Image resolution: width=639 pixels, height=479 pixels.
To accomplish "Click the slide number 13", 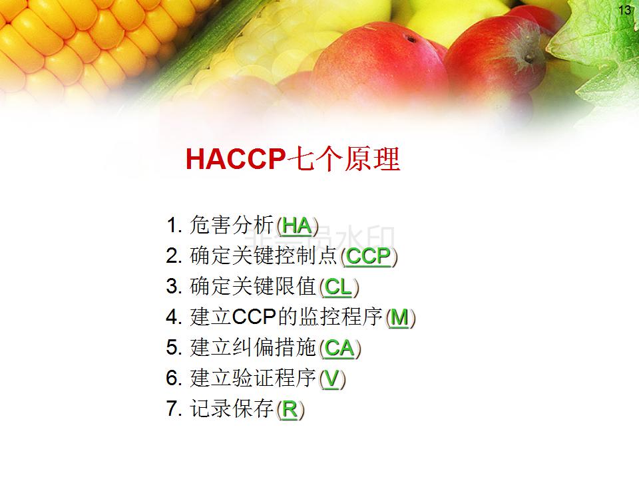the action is tap(624, 10).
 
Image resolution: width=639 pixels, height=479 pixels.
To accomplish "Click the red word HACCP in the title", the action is tap(235, 158).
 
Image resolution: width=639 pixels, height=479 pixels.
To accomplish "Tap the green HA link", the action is tap(297, 226).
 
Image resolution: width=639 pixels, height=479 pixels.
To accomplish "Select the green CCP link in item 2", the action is tap(368, 256).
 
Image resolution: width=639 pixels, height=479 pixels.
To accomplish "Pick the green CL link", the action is tap(338, 287).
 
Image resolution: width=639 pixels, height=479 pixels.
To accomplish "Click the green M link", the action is tap(399, 317).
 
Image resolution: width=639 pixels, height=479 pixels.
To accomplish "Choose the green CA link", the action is tap(339, 348).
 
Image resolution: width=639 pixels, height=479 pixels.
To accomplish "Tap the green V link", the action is tap(331, 379).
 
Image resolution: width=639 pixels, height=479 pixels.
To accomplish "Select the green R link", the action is tap(290, 409).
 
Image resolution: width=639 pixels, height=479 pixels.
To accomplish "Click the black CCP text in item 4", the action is tap(254, 317).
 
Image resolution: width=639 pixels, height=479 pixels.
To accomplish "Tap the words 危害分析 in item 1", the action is tap(232, 226).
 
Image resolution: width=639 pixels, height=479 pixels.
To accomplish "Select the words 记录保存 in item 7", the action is tap(232, 408).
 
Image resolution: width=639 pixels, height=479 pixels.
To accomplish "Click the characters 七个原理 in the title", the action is tap(343, 158).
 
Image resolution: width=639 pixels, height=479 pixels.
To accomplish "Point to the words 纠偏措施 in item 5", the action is tap(274, 347).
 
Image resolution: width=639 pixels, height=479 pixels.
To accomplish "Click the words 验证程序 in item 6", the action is tap(274, 378).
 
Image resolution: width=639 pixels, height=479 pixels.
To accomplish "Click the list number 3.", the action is tap(174, 287).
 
